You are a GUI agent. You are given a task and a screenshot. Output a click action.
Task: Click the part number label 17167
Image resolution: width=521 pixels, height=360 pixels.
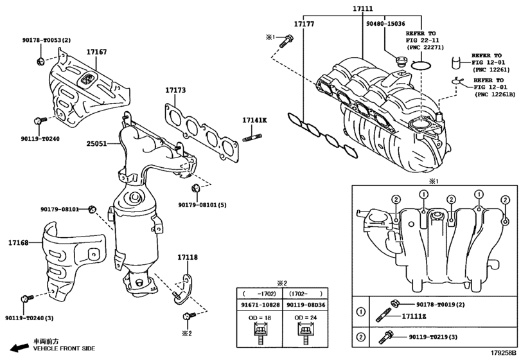point(97,52)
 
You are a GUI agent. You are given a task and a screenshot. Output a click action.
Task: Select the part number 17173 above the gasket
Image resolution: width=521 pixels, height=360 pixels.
point(175,90)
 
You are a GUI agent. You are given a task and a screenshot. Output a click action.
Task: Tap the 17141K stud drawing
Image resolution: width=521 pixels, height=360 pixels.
point(252,138)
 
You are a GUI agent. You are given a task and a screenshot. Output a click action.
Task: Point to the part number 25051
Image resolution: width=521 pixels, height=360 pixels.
point(97,143)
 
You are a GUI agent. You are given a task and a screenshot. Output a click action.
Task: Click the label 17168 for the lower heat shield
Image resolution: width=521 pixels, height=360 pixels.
point(18,242)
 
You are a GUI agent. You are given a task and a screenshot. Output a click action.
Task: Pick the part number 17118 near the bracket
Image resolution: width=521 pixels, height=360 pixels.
point(188,257)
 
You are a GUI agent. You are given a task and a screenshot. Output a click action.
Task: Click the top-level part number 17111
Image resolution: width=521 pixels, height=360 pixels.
point(362,8)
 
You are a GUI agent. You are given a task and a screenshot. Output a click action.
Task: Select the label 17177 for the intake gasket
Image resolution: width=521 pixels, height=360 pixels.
point(304,24)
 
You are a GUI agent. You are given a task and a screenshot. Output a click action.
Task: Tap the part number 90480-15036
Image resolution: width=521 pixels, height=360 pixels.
point(385,24)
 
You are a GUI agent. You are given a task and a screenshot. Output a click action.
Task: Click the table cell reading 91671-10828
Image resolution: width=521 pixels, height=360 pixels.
point(260,305)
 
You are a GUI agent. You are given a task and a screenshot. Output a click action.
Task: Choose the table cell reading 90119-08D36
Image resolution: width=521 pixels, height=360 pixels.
point(306,305)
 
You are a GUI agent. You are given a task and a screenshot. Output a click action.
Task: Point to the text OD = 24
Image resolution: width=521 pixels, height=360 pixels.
point(306,318)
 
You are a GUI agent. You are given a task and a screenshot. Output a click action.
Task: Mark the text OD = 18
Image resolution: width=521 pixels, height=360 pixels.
point(260,318)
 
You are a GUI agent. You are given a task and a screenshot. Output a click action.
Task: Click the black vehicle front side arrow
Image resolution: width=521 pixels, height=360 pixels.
point(19,347)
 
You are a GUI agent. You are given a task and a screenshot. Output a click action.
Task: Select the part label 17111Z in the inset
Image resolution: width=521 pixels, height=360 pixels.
point(414,316)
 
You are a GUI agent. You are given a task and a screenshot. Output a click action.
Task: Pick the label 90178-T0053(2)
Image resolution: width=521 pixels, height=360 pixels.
point(46,40)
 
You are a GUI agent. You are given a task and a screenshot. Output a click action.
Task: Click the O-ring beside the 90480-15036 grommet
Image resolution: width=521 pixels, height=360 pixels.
point(421,66)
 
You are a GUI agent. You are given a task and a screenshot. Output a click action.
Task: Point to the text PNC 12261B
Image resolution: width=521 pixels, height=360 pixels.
point(496,94)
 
